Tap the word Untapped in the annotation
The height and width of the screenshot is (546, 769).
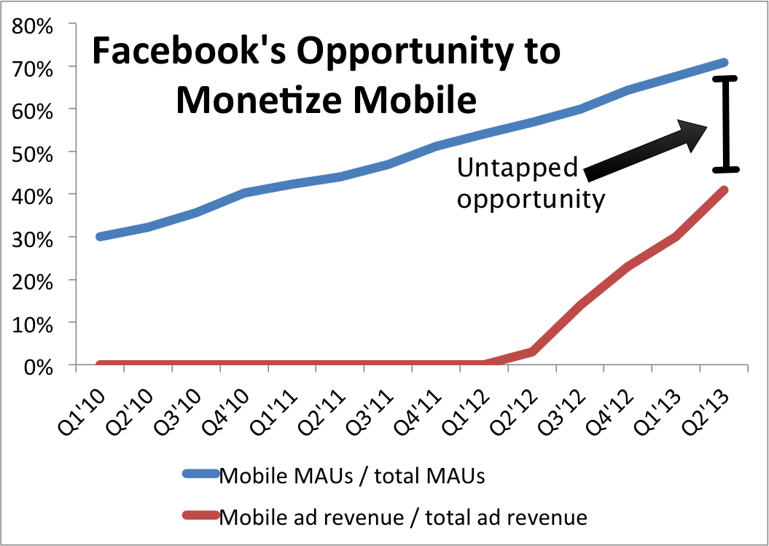tap(517, 168)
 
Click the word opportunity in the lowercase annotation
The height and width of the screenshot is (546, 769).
tap(531, 198)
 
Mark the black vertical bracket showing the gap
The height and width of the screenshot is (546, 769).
tap(725, 124)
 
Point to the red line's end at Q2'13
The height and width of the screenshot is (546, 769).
tap(724, 191)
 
